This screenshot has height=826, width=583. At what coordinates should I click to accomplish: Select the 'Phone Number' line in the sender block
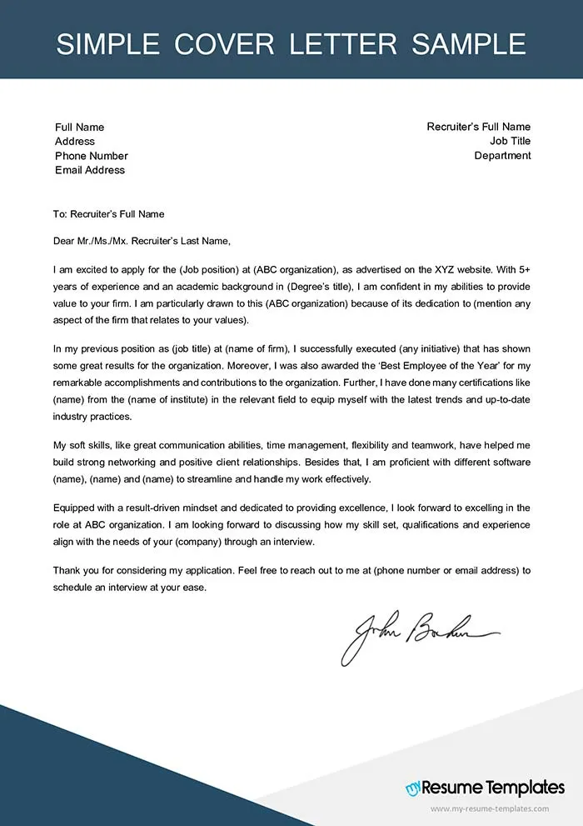(x=92, y=156)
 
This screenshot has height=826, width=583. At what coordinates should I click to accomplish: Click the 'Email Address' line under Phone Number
(x=90, y=170)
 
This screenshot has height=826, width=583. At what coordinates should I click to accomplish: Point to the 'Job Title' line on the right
(x=510, y=142)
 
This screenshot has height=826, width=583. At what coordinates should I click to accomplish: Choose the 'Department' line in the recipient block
(x=502, y=156)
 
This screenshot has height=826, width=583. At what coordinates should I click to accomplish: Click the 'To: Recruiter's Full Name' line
(x=108, y=214)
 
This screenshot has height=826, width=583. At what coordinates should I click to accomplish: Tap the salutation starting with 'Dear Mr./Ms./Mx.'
(x=140, y=242)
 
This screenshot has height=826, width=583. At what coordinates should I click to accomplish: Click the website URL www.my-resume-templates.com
(x=490, y=809)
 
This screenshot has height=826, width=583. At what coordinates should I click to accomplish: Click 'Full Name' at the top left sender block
(x=80, y=128)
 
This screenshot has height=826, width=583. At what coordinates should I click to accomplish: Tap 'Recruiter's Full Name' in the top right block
(x=478, y=128)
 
